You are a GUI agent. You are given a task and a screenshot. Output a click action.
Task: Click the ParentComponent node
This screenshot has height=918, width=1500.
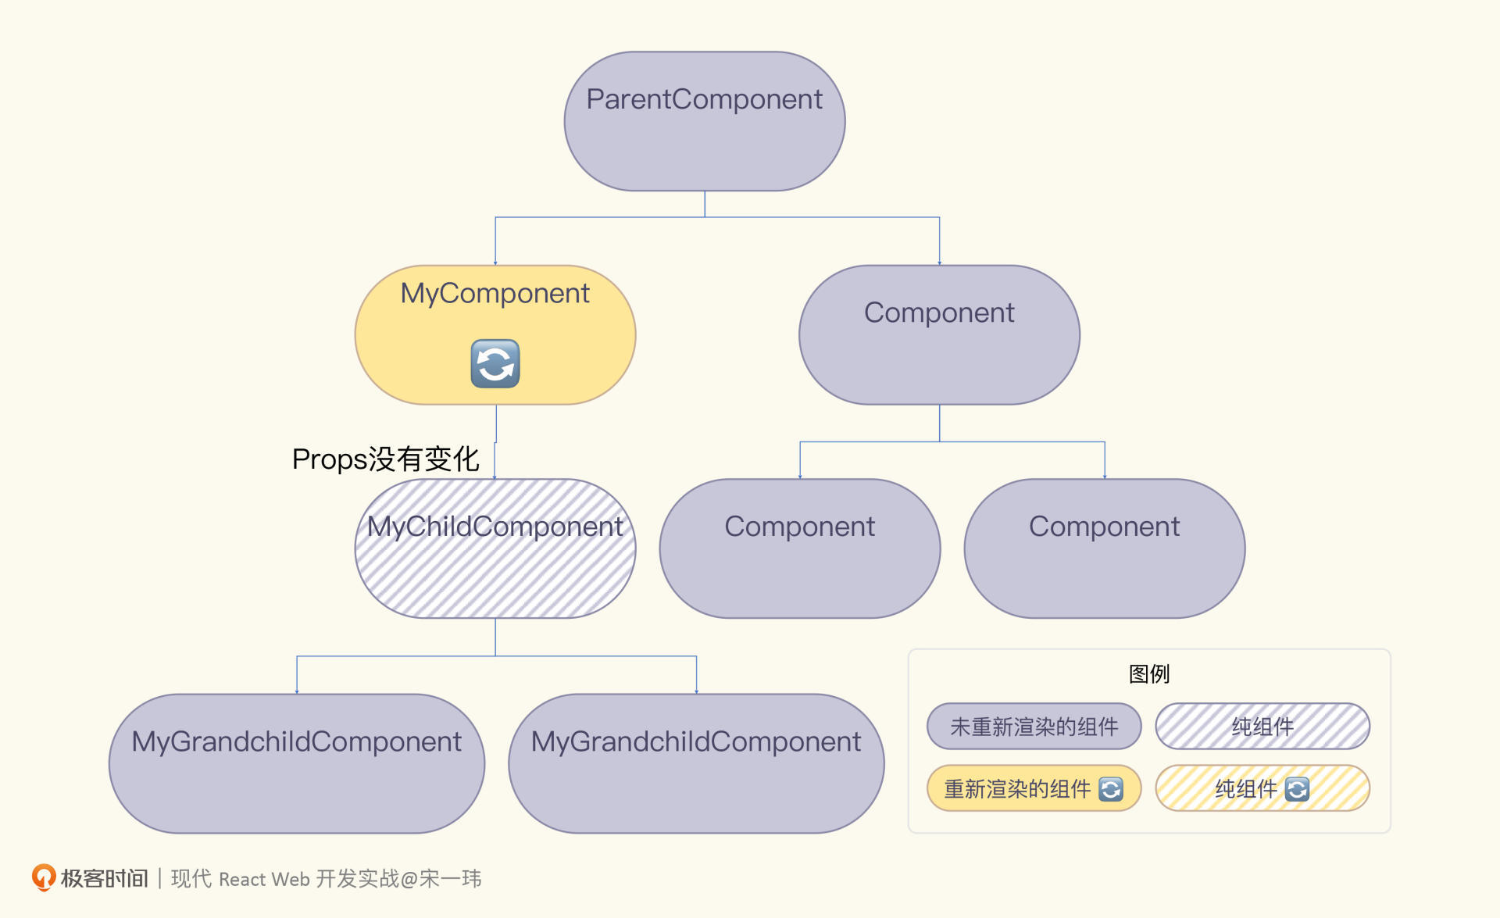[705, 121]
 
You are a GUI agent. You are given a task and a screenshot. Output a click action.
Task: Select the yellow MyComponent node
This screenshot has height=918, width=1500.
[495, 334]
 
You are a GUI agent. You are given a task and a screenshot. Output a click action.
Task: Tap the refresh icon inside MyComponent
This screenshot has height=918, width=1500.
[495, 363]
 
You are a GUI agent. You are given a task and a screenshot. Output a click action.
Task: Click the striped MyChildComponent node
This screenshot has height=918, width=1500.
[495, 548]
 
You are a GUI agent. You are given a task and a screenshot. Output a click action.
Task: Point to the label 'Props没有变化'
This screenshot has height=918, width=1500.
[385, 459]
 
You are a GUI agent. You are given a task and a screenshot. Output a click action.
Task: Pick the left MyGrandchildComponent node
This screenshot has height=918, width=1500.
[297, 763]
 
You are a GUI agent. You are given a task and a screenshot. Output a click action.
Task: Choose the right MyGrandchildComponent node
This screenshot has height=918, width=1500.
[696, 763]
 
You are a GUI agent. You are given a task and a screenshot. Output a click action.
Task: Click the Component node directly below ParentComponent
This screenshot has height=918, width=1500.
[939, 334]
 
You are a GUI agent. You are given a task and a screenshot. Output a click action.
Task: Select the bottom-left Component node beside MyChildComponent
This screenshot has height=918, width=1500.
[800, 548]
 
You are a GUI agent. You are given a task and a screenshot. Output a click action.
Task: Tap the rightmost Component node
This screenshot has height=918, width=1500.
[1105, 548]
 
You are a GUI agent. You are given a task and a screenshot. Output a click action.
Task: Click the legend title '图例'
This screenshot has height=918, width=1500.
[1149, 673]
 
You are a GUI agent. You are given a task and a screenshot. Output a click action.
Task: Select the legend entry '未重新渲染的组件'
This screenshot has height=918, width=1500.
[1034, 727]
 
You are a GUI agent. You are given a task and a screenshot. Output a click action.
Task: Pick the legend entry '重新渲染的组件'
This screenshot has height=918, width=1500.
[1034, 788]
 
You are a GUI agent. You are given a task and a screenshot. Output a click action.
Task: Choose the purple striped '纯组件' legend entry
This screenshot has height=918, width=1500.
[1262, 727]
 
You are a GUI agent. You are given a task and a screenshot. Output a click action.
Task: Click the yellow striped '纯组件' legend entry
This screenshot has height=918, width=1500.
[1262, 788]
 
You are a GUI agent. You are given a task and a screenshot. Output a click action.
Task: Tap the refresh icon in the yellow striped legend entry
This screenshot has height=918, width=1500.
[1297, 789]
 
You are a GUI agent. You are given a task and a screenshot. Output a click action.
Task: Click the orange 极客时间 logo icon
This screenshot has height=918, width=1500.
[44, 877]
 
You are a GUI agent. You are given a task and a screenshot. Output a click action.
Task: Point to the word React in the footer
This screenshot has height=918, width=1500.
[242, 879]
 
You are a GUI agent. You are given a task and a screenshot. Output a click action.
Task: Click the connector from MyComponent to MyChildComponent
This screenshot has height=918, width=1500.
[495, 442]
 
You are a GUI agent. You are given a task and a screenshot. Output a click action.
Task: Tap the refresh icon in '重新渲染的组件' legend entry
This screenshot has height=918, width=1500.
[1111, 789]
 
